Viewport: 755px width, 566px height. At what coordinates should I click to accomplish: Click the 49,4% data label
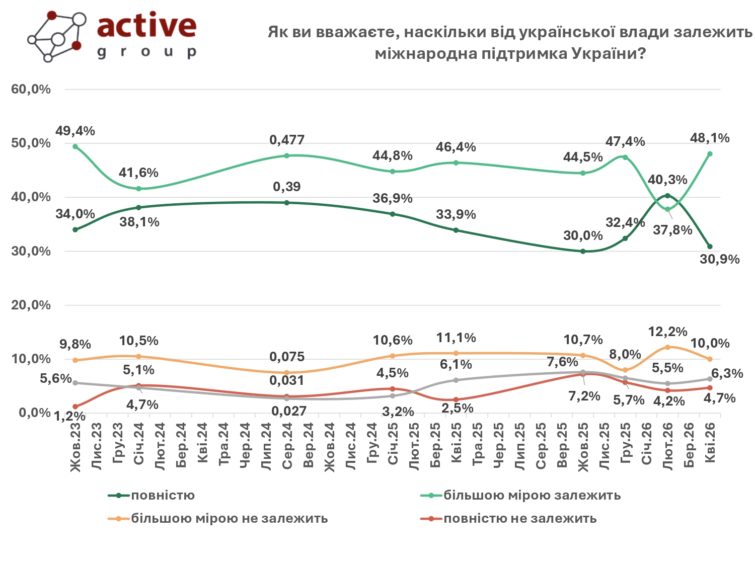click(x=75, y=131)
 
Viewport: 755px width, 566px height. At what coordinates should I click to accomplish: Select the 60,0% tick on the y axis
click(x=31, y=90)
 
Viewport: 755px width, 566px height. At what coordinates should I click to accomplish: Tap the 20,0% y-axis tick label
click(x=31, y=305)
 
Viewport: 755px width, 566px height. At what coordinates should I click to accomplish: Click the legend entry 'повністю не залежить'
click(x=519, y=519)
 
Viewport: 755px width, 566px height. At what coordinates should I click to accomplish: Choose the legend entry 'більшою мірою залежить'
click(x=532, y=496)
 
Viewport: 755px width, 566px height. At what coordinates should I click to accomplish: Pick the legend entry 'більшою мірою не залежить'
click(x=229, y=519)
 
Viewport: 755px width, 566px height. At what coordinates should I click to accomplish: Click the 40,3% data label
click(x=667, y=180)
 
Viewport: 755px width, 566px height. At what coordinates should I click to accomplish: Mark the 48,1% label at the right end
click(x=710, y=138)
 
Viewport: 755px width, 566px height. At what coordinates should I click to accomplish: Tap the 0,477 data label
click(x=287, y=140)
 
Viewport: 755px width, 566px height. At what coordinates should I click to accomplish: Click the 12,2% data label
click(x=667, y=332)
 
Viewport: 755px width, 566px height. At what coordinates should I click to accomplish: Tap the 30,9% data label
click(x=720, y=260)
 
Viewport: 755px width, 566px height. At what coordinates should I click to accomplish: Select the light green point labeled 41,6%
click(x=139, y=189)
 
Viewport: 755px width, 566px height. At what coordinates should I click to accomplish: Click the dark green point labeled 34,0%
click(x=75, y=229)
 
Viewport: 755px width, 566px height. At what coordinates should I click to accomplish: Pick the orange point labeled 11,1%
click(x=456, y=353)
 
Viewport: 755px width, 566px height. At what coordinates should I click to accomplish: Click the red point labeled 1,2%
click(x=75, y=407)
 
